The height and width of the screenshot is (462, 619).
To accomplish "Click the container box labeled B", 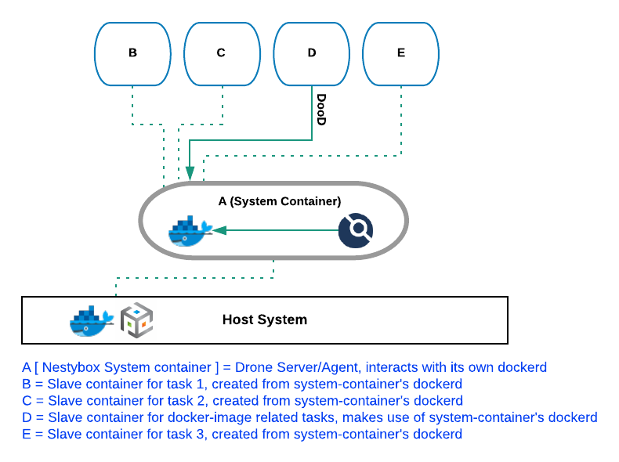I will pyautogui.click(x=132, y=53).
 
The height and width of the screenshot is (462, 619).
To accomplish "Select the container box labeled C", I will pyautogui.click(x=222, y=53).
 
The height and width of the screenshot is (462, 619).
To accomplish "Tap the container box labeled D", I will pyautogui.click(x=311, y=53).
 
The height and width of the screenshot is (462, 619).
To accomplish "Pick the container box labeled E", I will pyautogui.click(x=400, y=53).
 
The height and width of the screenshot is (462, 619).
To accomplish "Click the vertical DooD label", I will pyautogui.click(x=320, y=110).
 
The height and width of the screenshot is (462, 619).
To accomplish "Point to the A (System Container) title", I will pyautogui.click(x=279, y=201).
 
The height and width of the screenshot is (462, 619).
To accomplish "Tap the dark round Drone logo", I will pyautogui.click(x=356, y=230).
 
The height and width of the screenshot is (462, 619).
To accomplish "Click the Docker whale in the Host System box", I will pyautogui.click(x=92, y=320).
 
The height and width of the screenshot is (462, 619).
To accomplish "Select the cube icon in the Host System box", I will pyautogui.click(x=136, y=320).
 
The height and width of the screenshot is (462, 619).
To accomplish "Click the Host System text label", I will pyautogui.click(x=264, y=319).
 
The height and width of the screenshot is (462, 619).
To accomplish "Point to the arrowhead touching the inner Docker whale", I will pyautogui.click(x=219, y=230).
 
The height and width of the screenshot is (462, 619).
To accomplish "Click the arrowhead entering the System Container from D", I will pyautogui.click(x=190, y=175).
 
